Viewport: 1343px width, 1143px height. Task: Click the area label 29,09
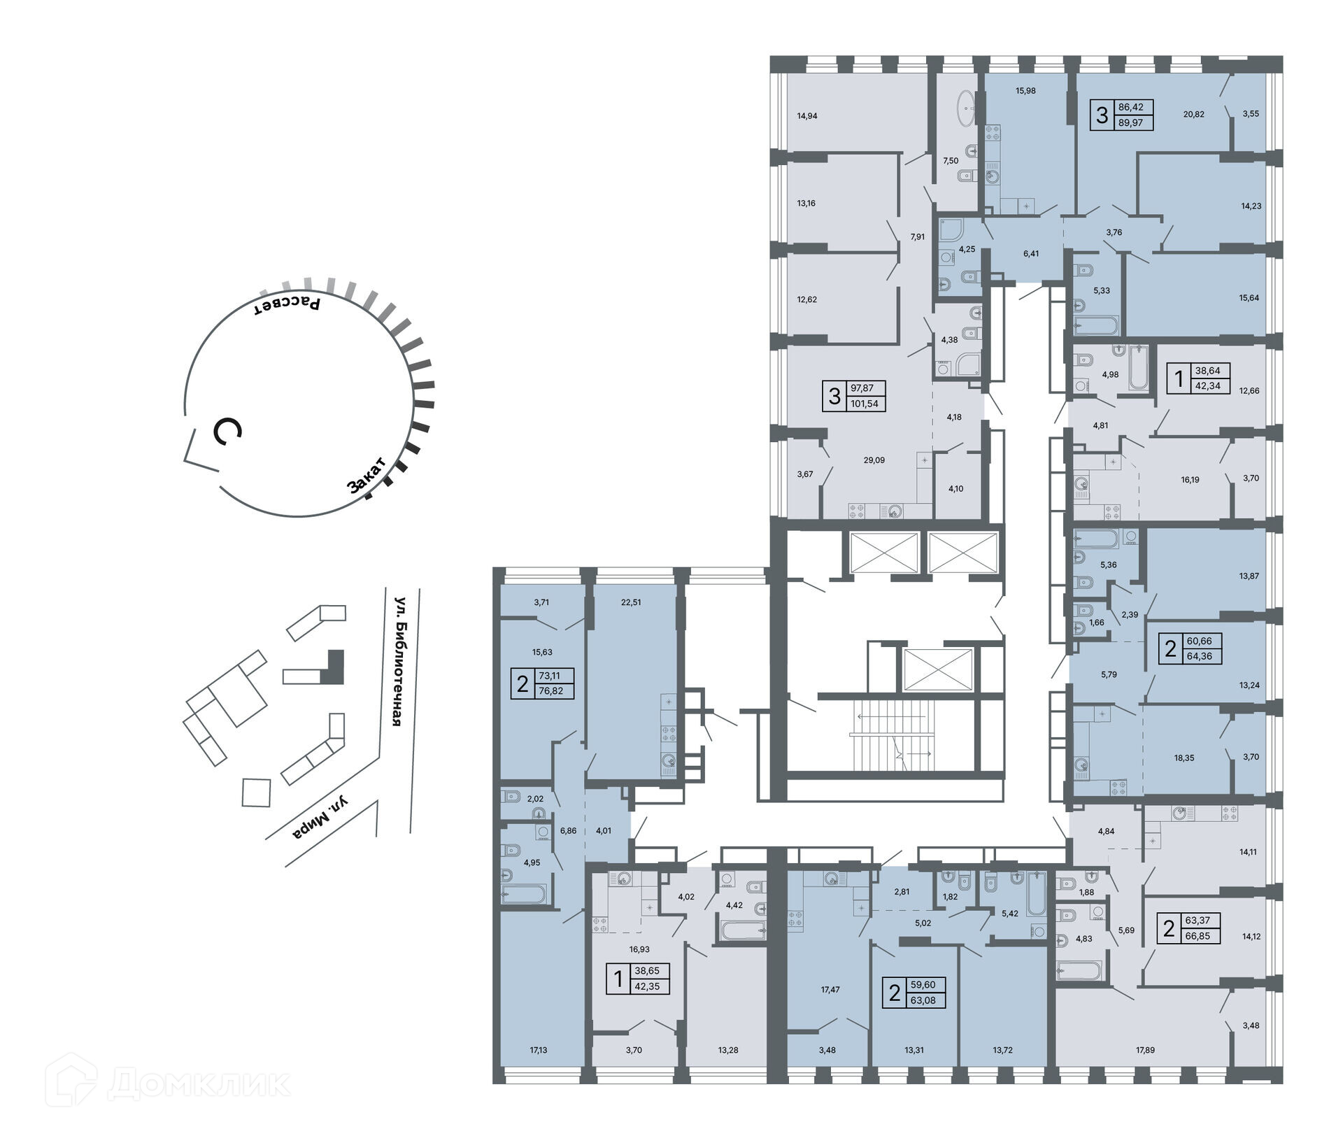[x=874, y=460]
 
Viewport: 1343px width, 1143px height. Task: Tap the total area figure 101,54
[x=864, y=404]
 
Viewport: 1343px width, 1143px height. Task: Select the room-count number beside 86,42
[x=1102, y=115]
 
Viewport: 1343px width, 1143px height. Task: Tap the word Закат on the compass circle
[x=367, y=476]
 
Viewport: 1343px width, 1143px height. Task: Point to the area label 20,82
[x=1193, y=114]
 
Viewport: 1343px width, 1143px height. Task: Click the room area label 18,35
[x=1184, y=758]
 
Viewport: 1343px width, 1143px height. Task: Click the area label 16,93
[x=620, y=949]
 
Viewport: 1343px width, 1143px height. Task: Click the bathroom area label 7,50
[x=951, y=160]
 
